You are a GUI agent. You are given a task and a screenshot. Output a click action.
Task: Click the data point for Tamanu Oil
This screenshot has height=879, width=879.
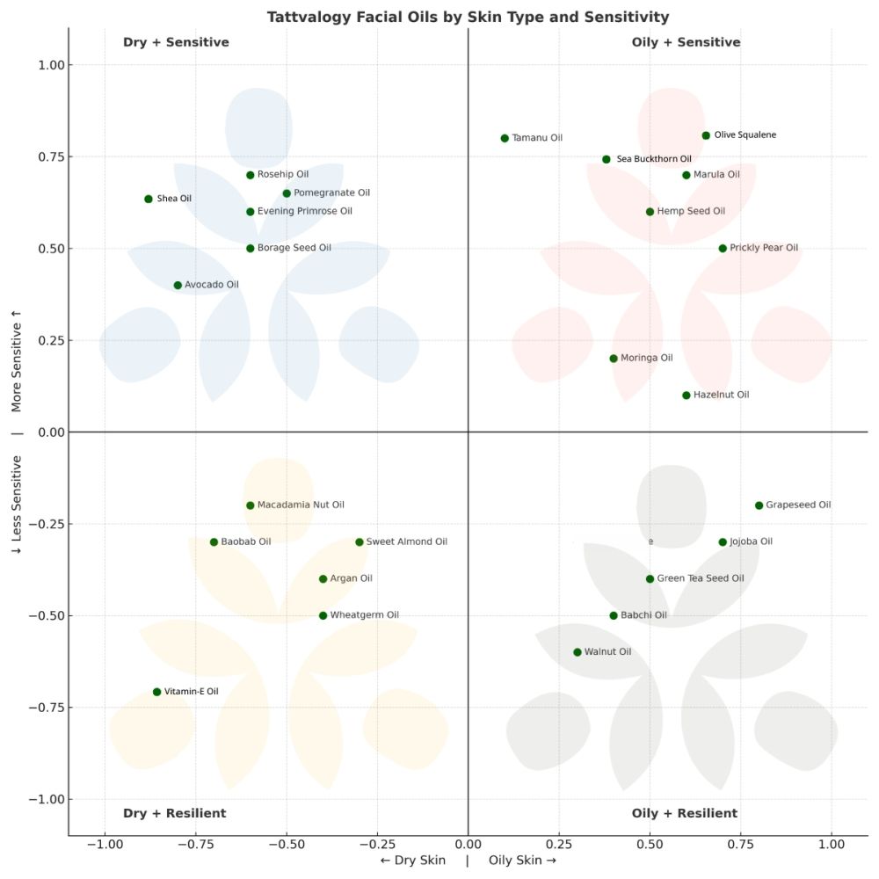505,138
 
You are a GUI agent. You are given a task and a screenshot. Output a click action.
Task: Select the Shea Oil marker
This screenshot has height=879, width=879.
149,199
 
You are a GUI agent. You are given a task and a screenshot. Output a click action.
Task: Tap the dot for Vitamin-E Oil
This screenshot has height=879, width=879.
156,692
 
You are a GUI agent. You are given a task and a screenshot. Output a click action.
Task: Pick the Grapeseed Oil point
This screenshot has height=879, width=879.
759,505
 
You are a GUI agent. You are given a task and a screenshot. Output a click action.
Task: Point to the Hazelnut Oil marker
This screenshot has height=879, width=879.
686,396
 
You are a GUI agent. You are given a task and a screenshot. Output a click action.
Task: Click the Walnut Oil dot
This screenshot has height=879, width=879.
578,652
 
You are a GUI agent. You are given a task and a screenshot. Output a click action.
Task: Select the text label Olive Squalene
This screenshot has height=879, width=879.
745,135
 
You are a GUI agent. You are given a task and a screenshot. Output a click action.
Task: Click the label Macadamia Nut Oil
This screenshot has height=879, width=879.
301,505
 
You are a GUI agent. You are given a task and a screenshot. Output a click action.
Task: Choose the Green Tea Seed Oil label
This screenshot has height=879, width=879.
701,578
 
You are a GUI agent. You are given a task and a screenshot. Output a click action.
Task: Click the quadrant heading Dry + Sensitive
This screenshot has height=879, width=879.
176,42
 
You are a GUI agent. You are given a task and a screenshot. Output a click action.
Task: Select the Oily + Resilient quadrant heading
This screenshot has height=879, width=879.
685,813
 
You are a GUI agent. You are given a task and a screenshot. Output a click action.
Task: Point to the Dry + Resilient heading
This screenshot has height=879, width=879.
174,813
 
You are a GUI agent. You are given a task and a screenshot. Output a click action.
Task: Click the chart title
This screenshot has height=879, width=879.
468,17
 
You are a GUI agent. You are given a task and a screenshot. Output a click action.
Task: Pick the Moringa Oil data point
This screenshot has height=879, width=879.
614,359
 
